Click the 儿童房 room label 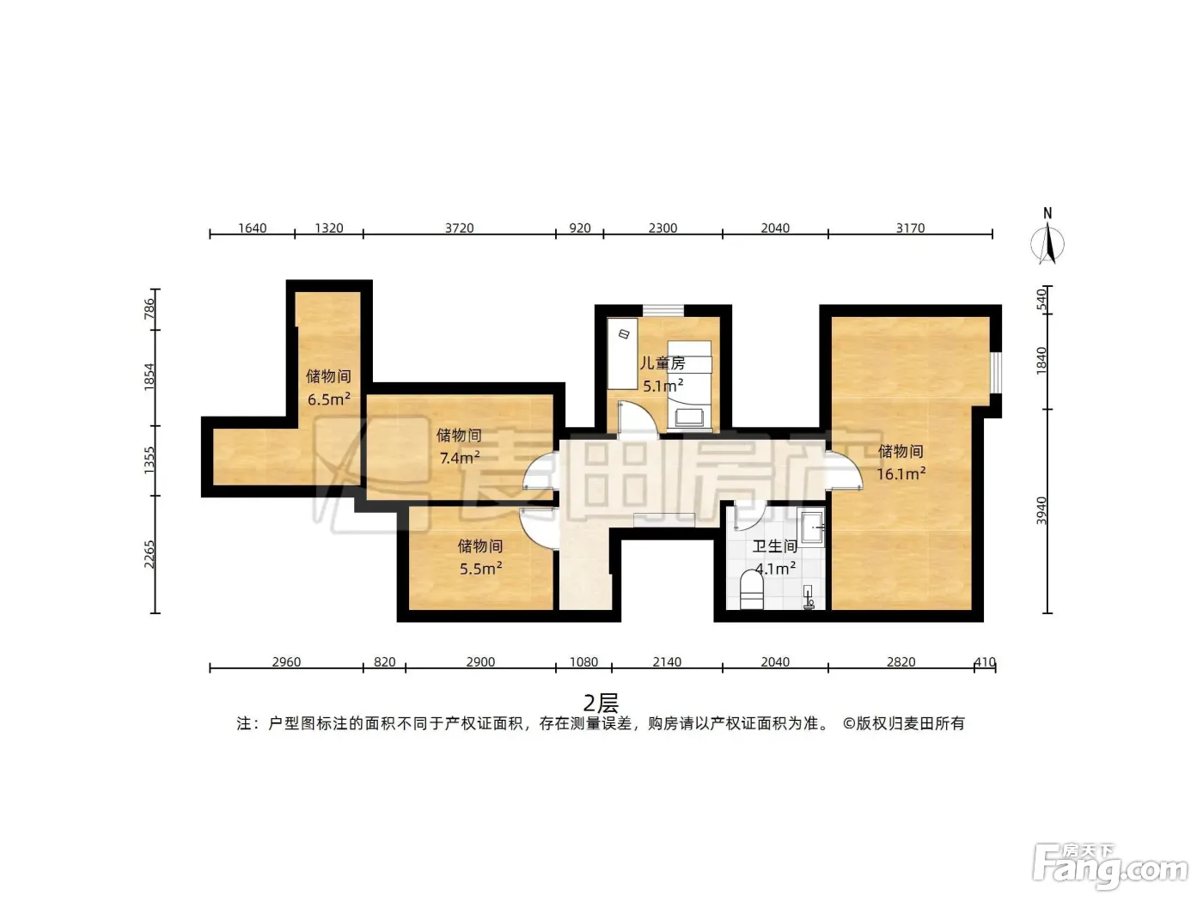click(663, 363)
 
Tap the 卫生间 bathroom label click(774, 546)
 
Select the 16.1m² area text click(901, 473)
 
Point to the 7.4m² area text click(460, 457)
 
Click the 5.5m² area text click(480, 569)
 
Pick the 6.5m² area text click(329, 399)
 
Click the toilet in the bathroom click(751, 590)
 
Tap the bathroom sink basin click(813, 527)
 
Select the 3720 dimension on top click(459, 228)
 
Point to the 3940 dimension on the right click(1041, 511)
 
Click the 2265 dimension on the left click(150, 554)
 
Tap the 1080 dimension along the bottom click(583, 661)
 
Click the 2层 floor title click(601, 704)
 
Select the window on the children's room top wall click(663, 310)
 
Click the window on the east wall click(996, 373)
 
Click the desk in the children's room click(623, 354)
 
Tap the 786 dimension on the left click(150, 309)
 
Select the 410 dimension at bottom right click(985, 661)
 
